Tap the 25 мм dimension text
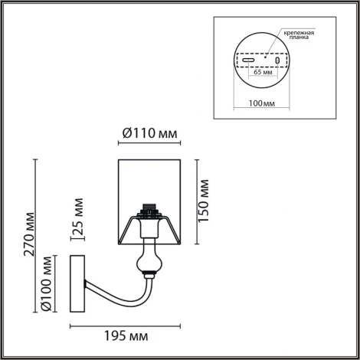click(x=78, y=218)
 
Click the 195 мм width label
click(x=126, y=336)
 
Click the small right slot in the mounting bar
click(x=277, y=61)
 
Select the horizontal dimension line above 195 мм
click(x=126, y=326)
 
